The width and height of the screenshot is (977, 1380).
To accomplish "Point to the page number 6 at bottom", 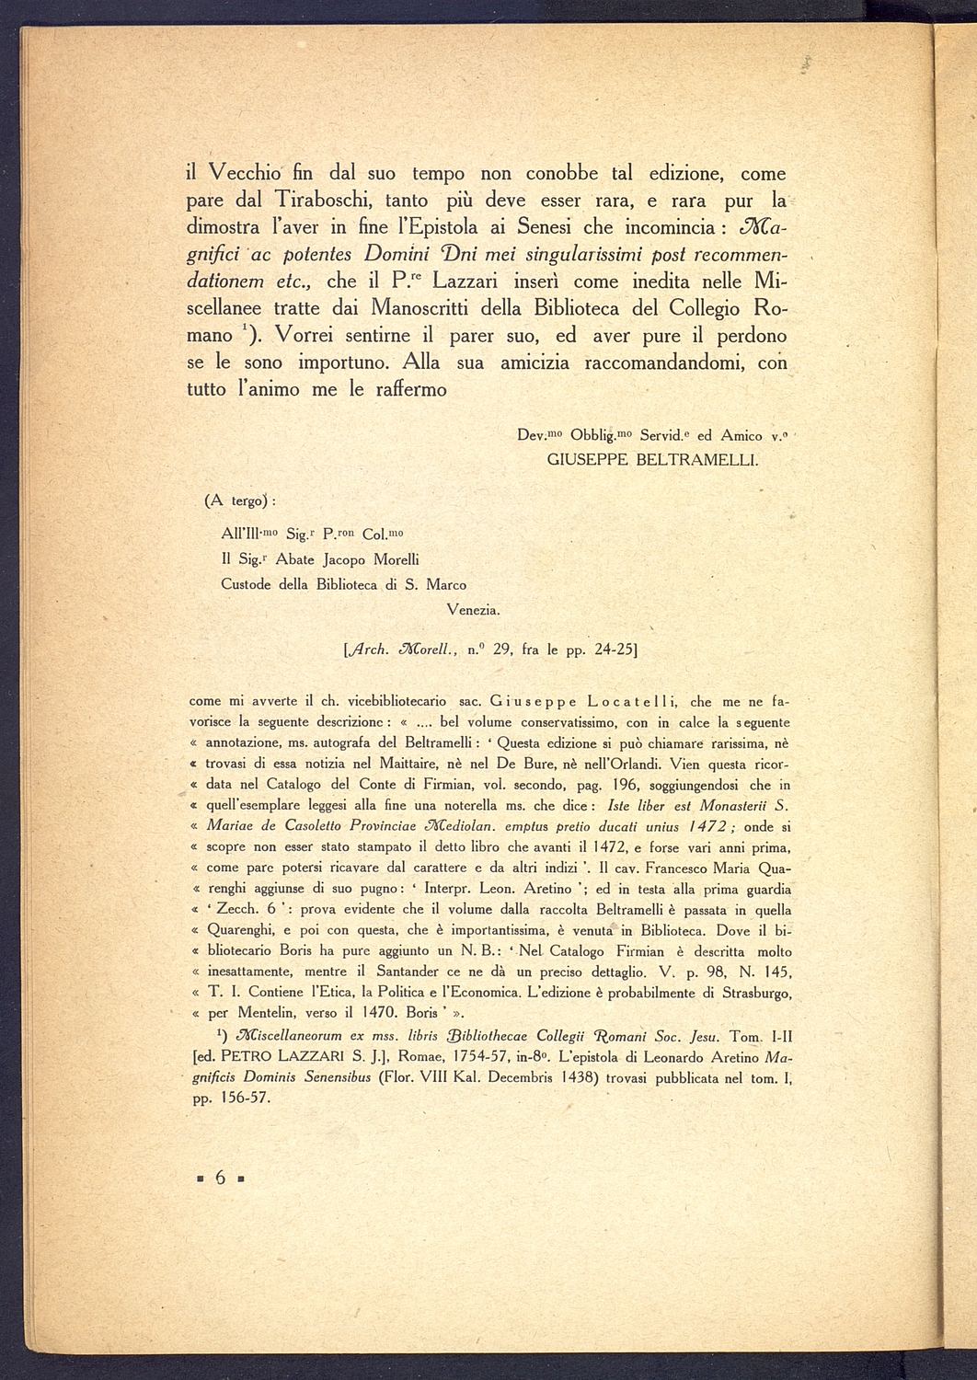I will (220, 1178).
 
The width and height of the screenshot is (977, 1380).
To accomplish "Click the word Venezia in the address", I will (473, 609).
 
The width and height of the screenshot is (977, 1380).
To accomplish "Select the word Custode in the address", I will (247, 584).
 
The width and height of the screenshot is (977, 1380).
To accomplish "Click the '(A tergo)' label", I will (241, 500).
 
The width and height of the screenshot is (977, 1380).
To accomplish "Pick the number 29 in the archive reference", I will (502, 649).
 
